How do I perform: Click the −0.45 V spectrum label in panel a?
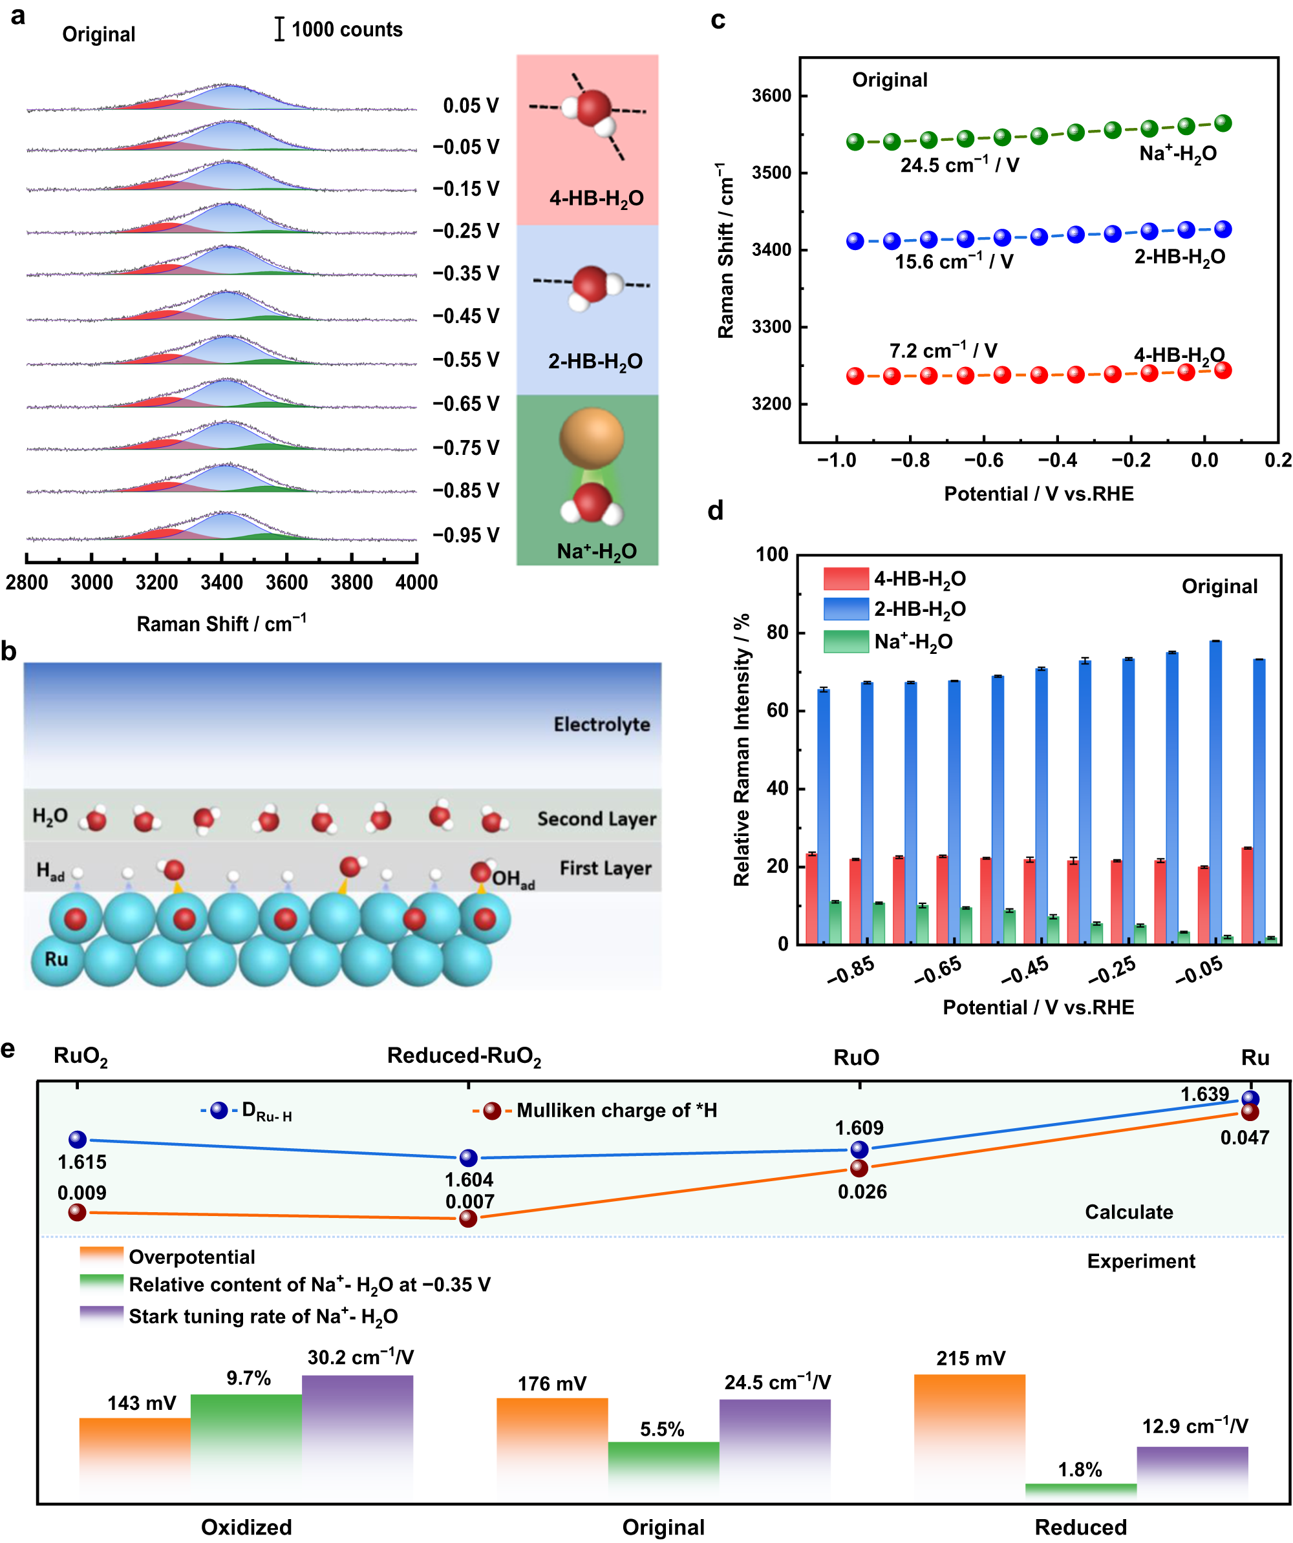[465, 316]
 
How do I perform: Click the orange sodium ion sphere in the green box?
[591, 439]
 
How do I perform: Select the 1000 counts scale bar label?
[347, 29]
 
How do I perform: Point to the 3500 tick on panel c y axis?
[771, 173]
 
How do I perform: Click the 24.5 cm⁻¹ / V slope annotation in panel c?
[959, 165]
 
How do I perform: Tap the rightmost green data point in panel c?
[1223, 123]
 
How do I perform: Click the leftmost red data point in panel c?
[854, 376]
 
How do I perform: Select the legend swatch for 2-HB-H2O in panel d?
[846, 609]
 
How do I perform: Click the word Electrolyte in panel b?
[601, 724]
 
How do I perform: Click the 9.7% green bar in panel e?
[246, 1446]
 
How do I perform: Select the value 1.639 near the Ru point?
[1204, 1094]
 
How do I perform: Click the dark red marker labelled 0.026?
[859, 1168]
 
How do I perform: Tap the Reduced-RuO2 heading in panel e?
[464, 1056]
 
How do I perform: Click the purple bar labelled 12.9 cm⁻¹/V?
[1191, 1472]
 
